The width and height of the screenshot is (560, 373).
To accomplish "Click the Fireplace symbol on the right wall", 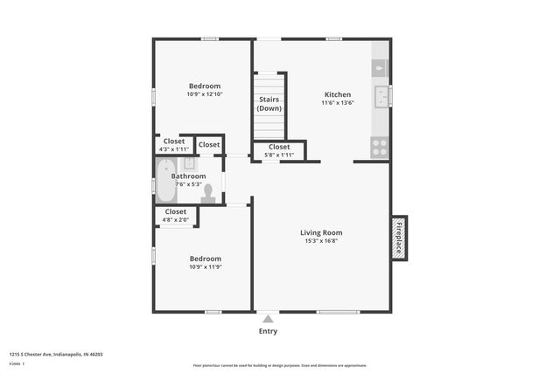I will [399, 238].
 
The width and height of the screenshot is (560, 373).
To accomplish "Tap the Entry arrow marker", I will [268, 320].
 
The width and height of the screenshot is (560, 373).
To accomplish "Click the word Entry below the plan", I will [268, 332].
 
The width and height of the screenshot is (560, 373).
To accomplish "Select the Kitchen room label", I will [338, 94].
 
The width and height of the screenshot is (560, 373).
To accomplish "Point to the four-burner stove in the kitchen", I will [380, 148].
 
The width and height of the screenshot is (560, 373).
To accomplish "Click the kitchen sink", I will [381, 95].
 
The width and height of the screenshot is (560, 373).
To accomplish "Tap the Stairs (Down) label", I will [269, 104].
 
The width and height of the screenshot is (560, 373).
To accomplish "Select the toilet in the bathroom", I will [208, 194].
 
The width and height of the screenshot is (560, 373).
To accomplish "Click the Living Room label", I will [321, 232].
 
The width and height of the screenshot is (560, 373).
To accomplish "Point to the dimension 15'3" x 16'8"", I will [321, 242].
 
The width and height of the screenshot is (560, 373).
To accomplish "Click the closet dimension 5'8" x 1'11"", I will [279, 155].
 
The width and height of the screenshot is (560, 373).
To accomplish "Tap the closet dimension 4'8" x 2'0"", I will [176, 219].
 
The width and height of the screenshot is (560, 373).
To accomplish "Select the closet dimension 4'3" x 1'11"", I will [174, 149].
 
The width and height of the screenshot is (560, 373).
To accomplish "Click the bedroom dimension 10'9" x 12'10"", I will [205, 94].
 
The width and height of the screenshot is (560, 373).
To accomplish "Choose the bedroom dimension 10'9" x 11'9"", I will [205, 267].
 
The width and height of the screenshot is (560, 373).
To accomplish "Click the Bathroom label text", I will [188, 176].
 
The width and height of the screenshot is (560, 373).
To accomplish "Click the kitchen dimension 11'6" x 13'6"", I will [338, 103].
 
